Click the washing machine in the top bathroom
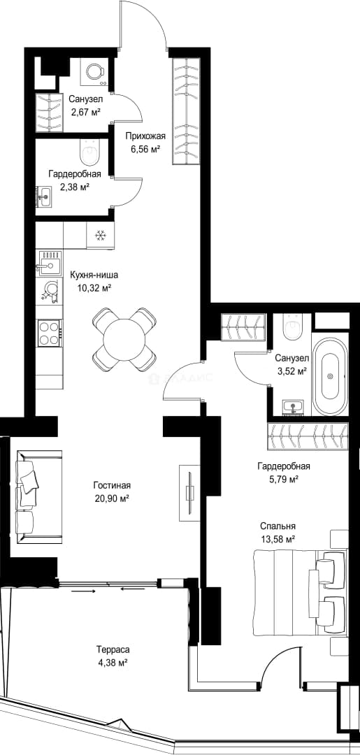coord(95,71)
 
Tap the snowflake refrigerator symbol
coord(100,236)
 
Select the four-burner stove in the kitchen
coord(50,333)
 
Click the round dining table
coord(124,339)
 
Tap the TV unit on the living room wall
coord(190,492)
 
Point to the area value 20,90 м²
coord(112,499)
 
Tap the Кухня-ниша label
coord(94,276)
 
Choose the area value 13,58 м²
coord(278,539)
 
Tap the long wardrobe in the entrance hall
coord(185,110)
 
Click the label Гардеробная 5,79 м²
coord(284,473)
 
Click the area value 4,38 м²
coord(112,663)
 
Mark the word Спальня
coord(278,526)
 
